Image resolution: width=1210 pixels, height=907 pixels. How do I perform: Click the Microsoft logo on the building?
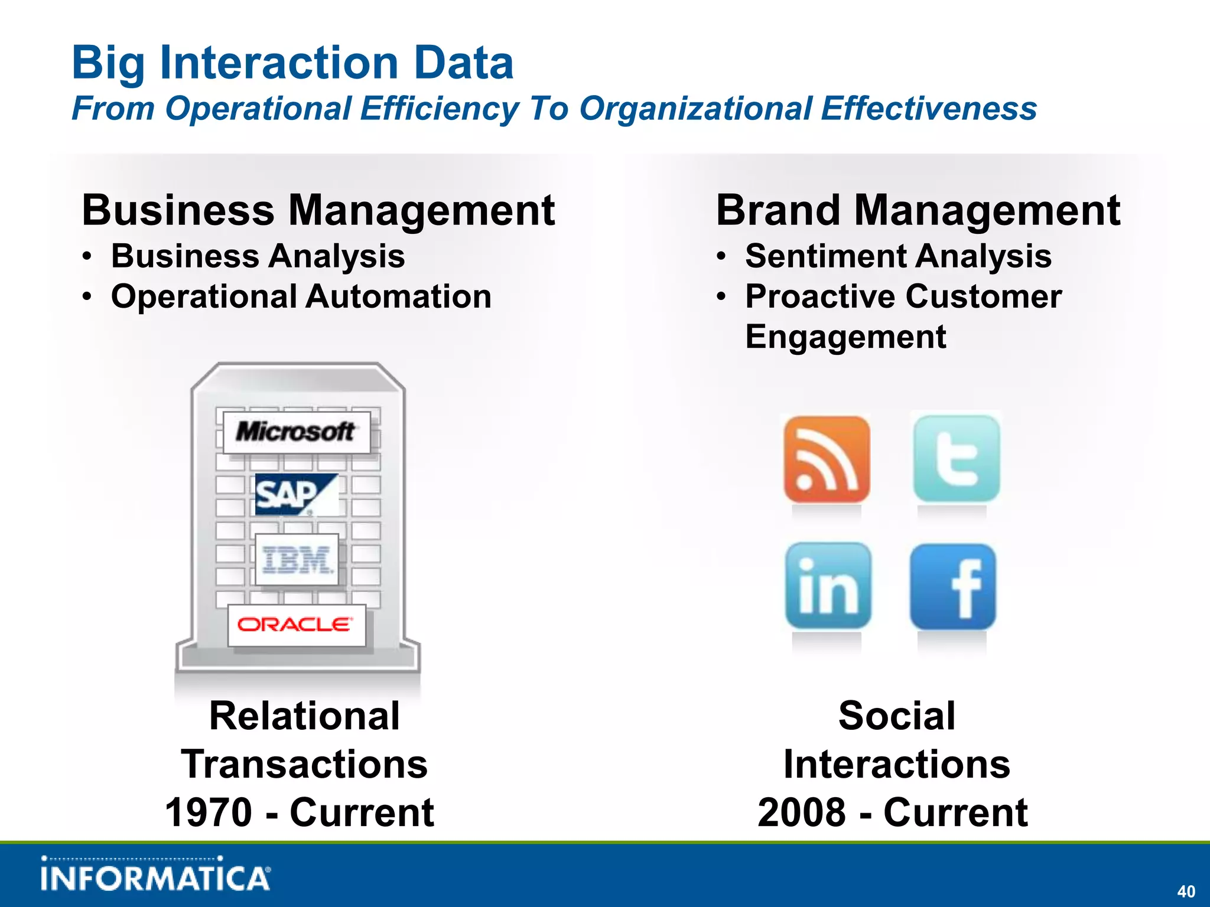[x=297, y=432]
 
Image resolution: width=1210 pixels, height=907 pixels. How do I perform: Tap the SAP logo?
[x=296, y=494]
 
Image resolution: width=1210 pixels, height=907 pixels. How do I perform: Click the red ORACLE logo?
[x=296, y=625]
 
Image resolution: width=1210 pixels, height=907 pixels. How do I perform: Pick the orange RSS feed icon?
[x=827, y=459]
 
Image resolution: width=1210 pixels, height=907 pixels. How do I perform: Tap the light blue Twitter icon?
[x=956, y=459]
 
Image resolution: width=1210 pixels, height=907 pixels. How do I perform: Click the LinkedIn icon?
[x=828, y=586]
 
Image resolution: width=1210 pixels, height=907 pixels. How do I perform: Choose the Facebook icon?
[x=953, y=587]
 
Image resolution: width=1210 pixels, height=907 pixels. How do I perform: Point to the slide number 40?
[x=1186, y=891]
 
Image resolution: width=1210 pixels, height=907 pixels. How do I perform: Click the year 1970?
[x=209, y=813]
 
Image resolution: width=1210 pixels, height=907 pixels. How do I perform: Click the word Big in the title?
[x=108, y=64]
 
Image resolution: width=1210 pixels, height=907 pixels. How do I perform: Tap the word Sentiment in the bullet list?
[x=825, y=256]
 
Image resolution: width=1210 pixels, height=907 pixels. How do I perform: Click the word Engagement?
[x=845, y=337]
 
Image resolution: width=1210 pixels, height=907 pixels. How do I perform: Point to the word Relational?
[x=304, y=716]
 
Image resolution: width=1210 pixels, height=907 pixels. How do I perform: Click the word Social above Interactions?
[x=896, y=716]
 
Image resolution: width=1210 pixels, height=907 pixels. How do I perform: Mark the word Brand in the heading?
[x=778, y=210]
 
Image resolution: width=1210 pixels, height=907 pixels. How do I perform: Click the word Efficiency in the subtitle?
[x=439, y=109]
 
